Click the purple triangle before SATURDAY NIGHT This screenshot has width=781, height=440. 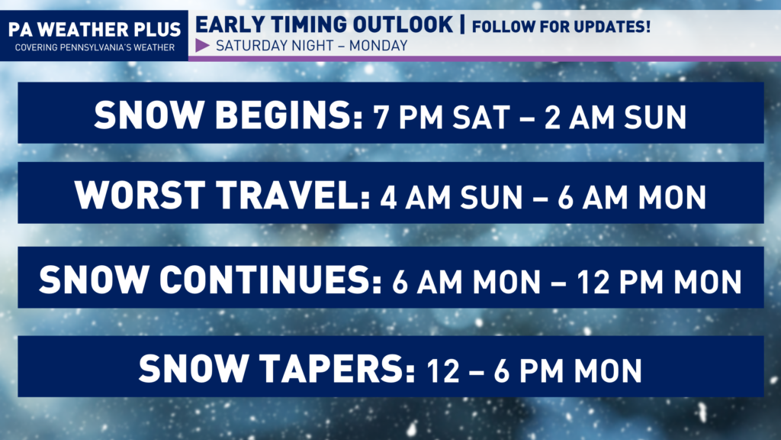(x=202, y=45)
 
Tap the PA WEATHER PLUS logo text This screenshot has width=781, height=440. (x=95, y=30)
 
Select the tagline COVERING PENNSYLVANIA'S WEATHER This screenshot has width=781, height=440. (x=95, y=47)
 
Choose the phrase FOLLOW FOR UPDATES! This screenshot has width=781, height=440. (x=561, y=27)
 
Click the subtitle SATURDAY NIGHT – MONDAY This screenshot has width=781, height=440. (x=312, y=46)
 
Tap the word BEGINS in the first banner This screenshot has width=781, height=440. (x=289, y=115)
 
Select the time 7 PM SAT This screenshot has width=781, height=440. (x=442, y=117)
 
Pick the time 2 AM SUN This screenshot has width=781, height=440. (x=615, y=117)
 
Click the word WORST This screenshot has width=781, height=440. (x=140, y=195)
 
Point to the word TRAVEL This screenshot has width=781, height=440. (x=294, y=195)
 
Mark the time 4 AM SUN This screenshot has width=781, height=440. (x=452, y=198)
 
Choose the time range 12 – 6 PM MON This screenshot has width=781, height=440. (x=535, y=371)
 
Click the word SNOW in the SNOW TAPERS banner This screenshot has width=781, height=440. (x=193, y=369)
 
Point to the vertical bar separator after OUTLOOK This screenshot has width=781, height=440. (x=462, y=24)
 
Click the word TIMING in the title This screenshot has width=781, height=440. (x=309, y=24)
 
